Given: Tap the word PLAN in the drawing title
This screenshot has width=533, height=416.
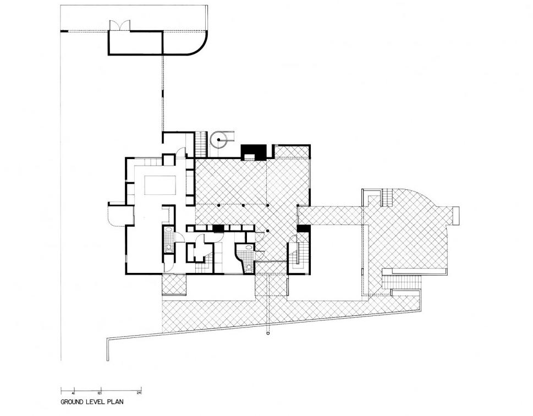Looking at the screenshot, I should click(115, 402).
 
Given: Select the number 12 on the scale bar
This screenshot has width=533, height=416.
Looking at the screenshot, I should click(99, 392).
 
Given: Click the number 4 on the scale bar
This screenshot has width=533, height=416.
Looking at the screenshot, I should click(73, 392).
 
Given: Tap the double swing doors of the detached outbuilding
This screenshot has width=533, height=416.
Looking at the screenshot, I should click(120, 25).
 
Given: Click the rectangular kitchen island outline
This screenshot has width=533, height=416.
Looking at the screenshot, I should click(161, 184).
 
